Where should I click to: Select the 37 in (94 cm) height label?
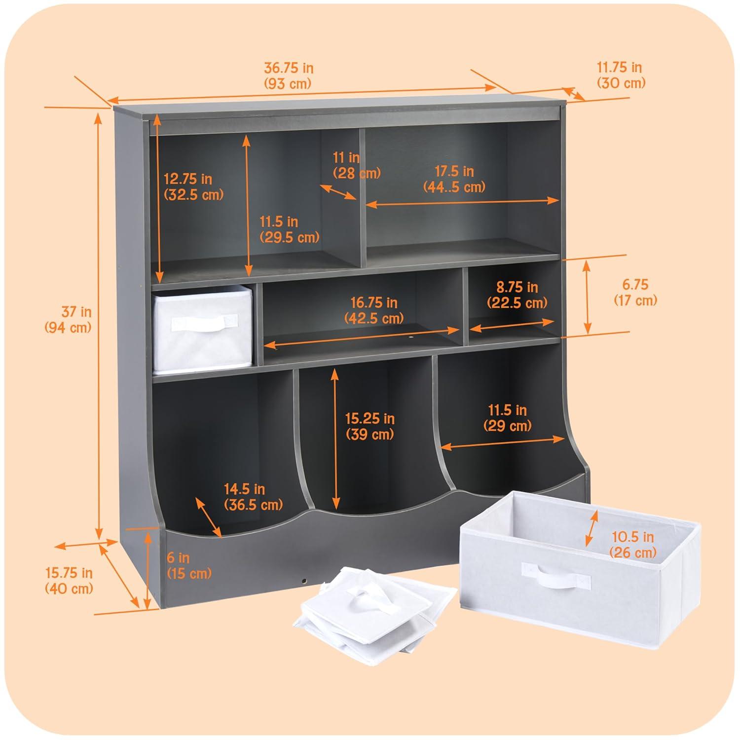[69, 319]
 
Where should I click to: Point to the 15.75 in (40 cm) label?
[69, 581]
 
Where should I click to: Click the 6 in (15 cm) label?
[189, 565]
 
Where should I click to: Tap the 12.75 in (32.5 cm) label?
[193, 186]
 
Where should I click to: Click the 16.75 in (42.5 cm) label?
[374, 310]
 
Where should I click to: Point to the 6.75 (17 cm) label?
[635, 292]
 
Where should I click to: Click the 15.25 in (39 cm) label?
[370, 426]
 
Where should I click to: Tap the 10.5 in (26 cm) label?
[633, 544]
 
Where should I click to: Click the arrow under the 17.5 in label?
[463, 201]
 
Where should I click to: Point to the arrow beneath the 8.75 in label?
[512, 324]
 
